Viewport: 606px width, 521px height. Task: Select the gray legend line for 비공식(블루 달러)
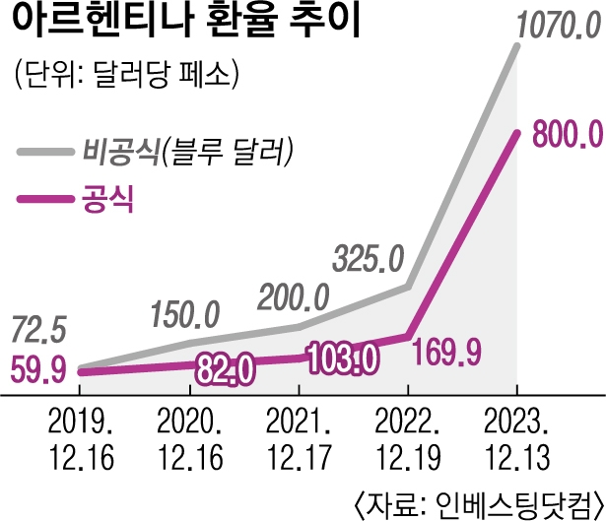point(45,152)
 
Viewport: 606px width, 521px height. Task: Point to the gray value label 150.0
point(188,314)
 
